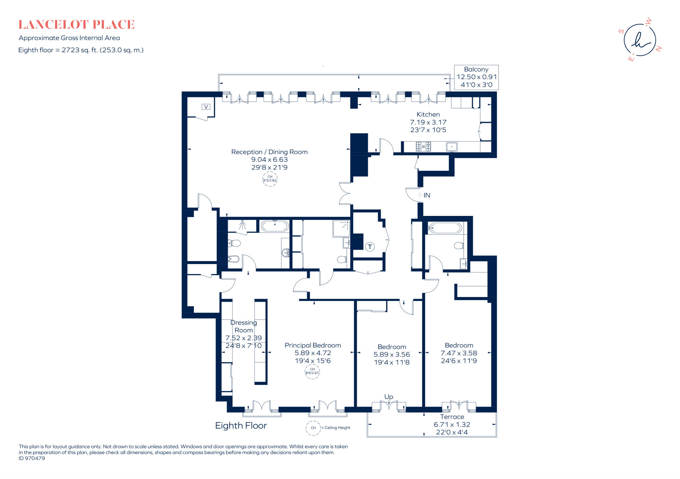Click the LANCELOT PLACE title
pos(76,25)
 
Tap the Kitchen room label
pos(428,114)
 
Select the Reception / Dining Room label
pos(269,152)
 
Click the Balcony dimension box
pos(476,77)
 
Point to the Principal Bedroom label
pos(313,345)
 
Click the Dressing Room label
pos(244,326)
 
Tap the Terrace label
pos(452,417)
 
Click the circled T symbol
pos(370,247)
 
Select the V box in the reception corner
pos(206,107)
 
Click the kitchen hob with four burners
pos(424,146)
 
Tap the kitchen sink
pos(452,146)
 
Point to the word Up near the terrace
pos(389,397)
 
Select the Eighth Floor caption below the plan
pos(241,426)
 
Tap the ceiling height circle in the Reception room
pos(270,179)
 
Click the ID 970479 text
pos(32,458)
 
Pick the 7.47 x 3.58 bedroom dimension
pos(459,353)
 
